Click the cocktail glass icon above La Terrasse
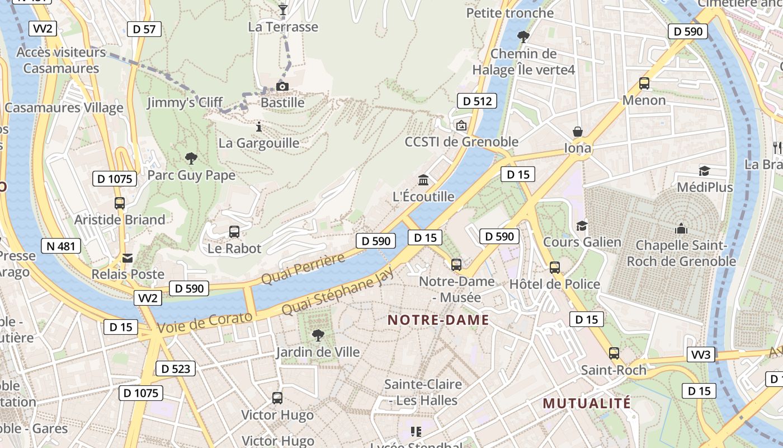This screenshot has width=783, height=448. (x=283, y=10)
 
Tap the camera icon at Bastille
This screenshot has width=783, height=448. (x=282, y=86)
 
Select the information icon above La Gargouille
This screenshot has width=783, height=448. (x=258, y=127)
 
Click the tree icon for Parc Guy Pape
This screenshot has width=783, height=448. (x=191, y=158)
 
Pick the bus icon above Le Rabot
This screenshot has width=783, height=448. (x=234, y=231)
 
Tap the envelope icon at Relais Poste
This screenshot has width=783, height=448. (x=128, y=258)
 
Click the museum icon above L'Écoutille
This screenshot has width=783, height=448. (x=423, y=180)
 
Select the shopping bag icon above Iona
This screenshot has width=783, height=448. (x=578, y=132)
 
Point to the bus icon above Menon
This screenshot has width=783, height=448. (x=644, y=83)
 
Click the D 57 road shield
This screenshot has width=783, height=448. (x=144, y=29)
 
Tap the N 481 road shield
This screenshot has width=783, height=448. (x=61, y=246)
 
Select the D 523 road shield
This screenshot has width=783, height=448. (x=175, y=368)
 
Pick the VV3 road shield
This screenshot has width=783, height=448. (x=701, y=354)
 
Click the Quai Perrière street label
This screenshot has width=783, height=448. (x=303, y=269)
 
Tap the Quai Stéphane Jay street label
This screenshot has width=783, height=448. (x=337, y=291)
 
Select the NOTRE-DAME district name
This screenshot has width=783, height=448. (x=438, y=320)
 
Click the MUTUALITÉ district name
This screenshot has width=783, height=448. (x=587, y=403)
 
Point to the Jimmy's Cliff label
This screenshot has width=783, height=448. (x=185, y=103)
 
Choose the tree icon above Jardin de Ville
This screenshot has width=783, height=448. (x=318, y=335)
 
